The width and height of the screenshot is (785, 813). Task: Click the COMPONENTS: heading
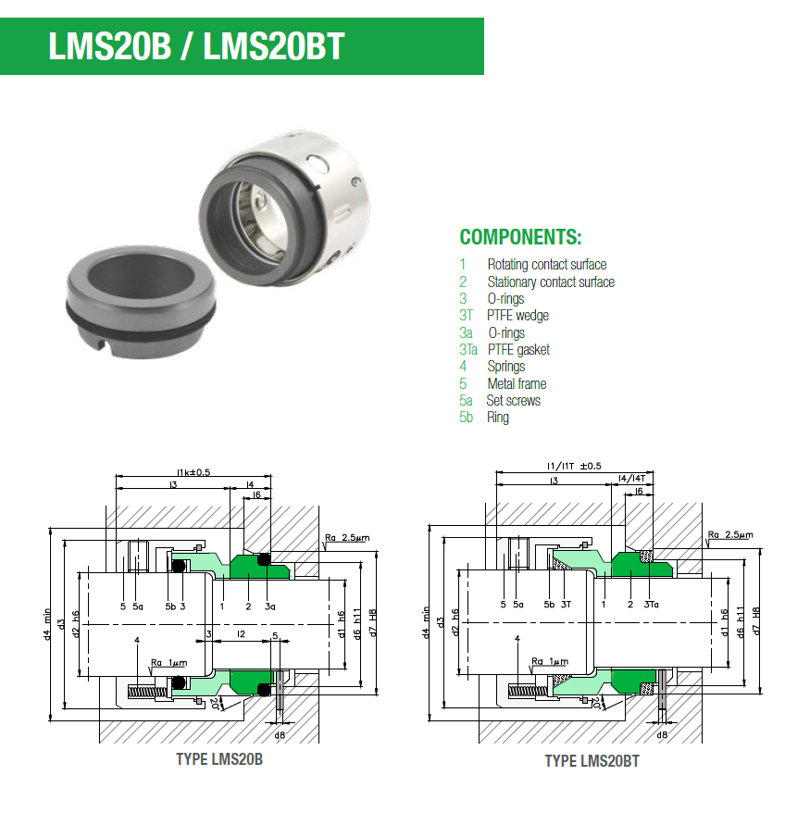click(x=520, y=236)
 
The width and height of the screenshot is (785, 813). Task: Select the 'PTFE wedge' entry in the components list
click(x=517, y=316)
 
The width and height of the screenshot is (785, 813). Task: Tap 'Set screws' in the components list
click(x=514, y=401)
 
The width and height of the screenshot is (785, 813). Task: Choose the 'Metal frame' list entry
click(x=517, y=383)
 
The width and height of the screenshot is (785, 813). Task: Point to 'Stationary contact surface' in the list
click(x=550, y=281)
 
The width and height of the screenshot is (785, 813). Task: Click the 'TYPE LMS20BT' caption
click(x=592, y=761)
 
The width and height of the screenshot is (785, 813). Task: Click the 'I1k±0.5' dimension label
click(x=193, y=472)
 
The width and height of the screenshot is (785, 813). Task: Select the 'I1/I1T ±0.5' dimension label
click(x=574, y=466)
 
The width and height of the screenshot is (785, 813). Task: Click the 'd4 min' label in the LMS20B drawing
click(x=46, y=622)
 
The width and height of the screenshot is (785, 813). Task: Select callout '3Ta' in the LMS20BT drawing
click(x=651, y=605)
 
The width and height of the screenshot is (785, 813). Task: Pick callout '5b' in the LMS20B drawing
click(x=170, y=607)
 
